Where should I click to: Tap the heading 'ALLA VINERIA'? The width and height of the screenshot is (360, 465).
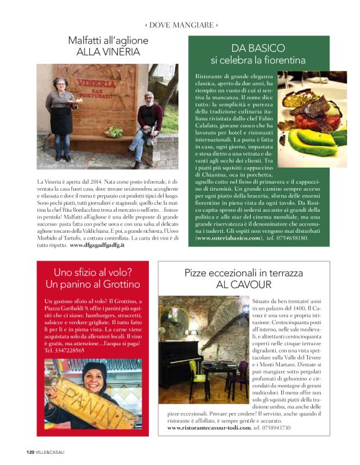tap(108, 52)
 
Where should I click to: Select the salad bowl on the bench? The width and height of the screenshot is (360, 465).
tap(114, 132)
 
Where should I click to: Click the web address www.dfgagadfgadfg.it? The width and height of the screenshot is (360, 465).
tap(97, 245)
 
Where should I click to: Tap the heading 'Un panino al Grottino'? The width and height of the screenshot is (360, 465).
tap(92, 284)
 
